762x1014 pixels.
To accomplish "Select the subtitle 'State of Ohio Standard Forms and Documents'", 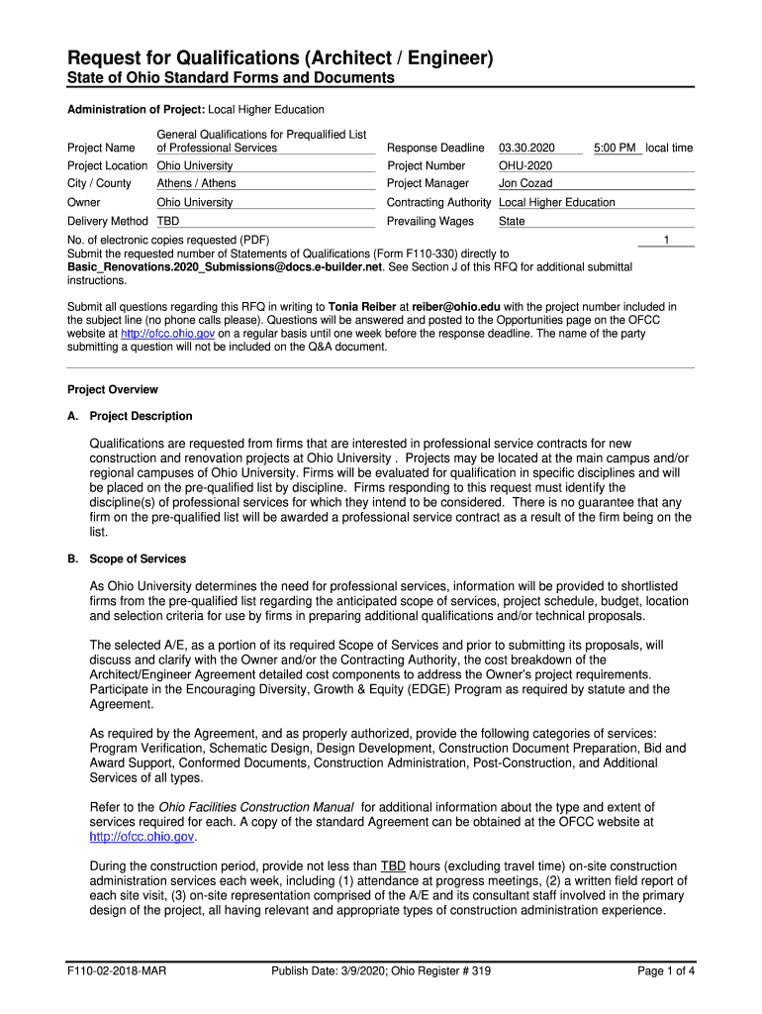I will pos(231,78).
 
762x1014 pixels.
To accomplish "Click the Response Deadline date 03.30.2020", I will pos(526,148).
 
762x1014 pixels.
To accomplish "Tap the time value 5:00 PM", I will pos(615,148).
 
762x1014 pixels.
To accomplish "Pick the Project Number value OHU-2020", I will pos(525,165).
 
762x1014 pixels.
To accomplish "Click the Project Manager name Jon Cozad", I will pos(525,183).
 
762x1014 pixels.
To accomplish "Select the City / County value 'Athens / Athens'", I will pos(196,183).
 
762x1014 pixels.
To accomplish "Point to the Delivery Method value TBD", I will pos(168,221).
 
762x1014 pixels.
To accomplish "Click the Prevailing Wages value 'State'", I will pos(512,221).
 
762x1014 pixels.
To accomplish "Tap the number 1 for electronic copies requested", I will pos(667,240).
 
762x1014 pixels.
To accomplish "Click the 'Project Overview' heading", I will pos(112,389).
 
